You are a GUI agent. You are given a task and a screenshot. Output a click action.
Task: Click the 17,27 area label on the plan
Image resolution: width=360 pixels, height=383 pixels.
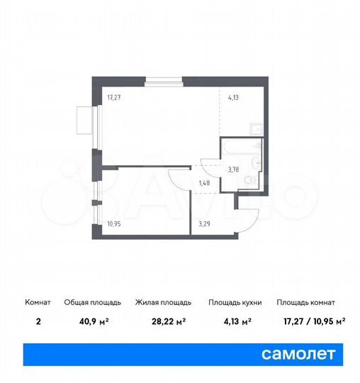tap(114, 99)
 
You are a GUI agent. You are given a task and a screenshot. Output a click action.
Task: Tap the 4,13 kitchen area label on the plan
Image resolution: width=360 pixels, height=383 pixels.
tap(233, 99)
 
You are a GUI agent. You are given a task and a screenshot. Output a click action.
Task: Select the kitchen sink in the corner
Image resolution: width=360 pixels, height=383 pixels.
tap(258, 128)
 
